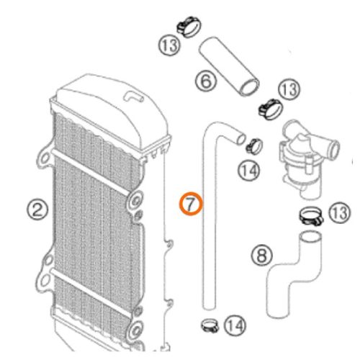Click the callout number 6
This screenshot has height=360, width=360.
point(206,81)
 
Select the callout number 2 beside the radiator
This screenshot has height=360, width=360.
point(37,210)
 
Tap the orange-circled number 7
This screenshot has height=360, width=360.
point(191,204)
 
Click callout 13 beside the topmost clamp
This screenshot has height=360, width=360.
point(169,45)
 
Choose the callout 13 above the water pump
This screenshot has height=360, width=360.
point(289,89)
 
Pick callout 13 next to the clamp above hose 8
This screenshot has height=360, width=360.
point(340,213)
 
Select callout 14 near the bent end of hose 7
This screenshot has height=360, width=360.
point(249,171)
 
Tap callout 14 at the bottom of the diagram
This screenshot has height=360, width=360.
point(235,325)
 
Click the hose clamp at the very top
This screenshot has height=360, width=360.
point(189,27)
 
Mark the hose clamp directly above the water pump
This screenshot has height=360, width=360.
point(270,109)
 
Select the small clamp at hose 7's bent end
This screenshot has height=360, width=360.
point(255,145)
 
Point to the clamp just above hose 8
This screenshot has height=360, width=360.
point(311,216)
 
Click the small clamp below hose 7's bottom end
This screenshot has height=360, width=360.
point(210,325)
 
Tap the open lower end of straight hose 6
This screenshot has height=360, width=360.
point(250,88)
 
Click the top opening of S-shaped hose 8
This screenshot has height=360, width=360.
point(311,236)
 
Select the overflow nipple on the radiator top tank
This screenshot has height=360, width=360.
point(133,96)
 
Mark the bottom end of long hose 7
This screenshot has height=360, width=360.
point(209,307)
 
